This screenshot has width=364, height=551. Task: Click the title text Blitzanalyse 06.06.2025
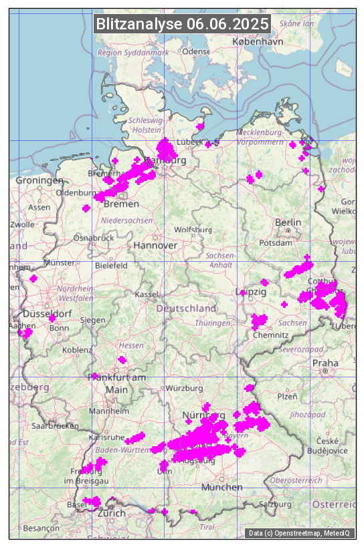[x=182, y=24]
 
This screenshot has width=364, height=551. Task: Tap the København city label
[x=258, y=41]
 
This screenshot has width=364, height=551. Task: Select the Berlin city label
[x=288, y=222]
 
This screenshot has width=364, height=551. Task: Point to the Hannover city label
[x=155, y=246]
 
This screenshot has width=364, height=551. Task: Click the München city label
[x=221, y=487]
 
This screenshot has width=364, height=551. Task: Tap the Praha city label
[x=325, y=363]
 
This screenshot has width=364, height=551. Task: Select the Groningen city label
[x=39, y=180]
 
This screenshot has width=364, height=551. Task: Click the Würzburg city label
[x=185, y=388]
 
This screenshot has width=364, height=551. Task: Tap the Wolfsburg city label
[x=193, y=230]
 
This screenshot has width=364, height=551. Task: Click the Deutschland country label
[x=186, y=309]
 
